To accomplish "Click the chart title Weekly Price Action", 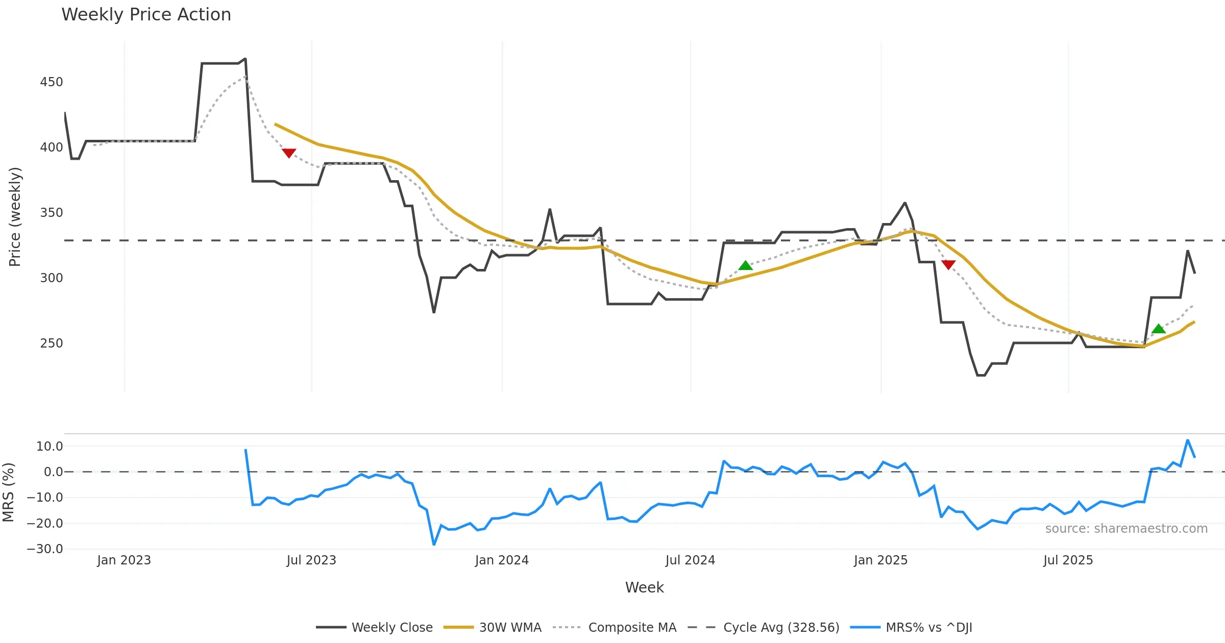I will tap(146, 15).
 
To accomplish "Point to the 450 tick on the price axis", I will tap(52, 82).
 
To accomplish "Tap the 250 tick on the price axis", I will tap(52, 343).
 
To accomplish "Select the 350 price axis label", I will tap(52, 213).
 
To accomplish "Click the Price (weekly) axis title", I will tap(15, 217).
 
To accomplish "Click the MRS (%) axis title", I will tap(8, 492).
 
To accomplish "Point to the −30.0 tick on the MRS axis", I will tap(45, 549).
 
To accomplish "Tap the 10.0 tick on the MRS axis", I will tap(50, 447).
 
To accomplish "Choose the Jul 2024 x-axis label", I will tap(690, 560).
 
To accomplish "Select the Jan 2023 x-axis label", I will tap(124, 560).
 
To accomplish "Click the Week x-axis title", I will tap(644, 587).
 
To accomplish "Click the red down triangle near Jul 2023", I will tap(289, 153).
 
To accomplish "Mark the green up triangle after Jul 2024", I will tap(746, 265).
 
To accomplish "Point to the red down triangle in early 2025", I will tap(948, 264).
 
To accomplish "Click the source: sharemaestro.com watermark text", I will tap(1126, 529).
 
